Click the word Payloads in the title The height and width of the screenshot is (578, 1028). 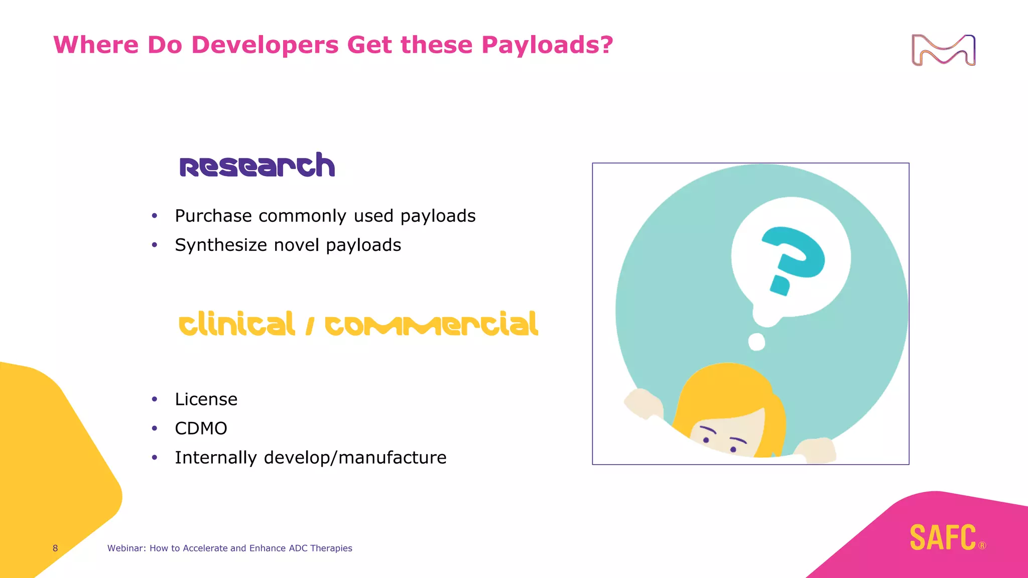coord(547,45)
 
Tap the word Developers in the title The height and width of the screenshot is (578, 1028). coord(265,45)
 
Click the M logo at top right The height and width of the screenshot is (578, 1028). coord(943,50)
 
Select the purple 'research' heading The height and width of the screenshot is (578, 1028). coord(257,166)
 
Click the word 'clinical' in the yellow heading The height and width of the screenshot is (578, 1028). coord(236,325)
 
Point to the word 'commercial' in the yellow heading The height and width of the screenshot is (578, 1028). coord(431,325)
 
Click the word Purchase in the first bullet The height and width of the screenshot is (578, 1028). coord(213,216)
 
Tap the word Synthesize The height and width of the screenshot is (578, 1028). coord(221,245)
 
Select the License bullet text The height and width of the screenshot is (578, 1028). coord(206,399)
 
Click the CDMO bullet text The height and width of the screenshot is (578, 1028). coord(201,428)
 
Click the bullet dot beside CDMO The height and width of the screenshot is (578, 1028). coord(155,428)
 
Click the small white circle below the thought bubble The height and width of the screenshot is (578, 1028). coord(756,342)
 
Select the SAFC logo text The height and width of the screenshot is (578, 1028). coord(943,537)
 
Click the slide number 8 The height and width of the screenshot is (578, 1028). coord(55,548)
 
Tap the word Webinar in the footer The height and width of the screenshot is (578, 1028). coord(126,548)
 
